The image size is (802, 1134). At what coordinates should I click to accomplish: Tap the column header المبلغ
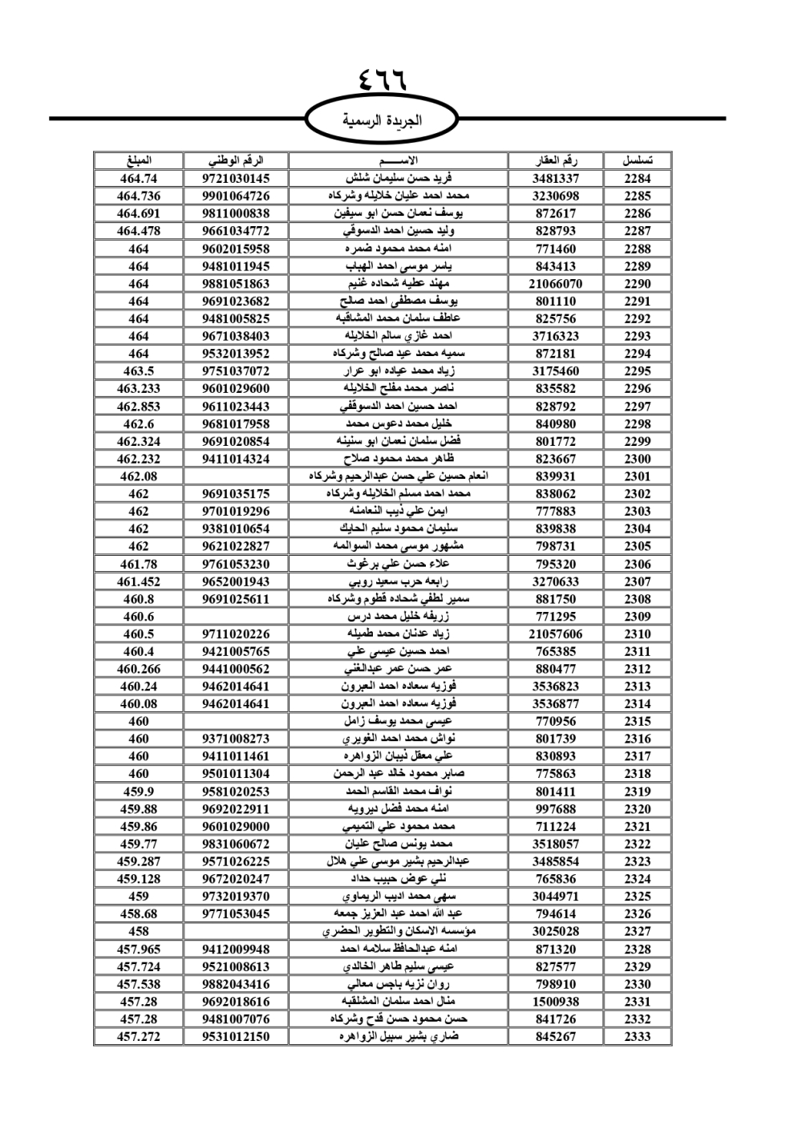(139, 160)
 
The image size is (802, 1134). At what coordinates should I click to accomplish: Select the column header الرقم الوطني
(236, 160)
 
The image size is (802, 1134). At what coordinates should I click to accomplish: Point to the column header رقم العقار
(556, 160)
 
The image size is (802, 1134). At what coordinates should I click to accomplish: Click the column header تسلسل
(638, 160)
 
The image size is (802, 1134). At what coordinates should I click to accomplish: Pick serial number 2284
(638, 179)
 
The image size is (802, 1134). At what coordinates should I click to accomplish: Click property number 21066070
(556, 284)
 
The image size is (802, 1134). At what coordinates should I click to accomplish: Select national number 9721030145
(236, 179)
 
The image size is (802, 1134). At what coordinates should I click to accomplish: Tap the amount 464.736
(139, 196)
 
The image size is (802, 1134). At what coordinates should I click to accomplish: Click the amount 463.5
(139, 371)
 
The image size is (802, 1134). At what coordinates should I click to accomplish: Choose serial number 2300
(638, 459)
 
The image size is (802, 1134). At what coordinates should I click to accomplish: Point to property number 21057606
(556, 634)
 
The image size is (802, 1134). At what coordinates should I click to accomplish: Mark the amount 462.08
(139, 476)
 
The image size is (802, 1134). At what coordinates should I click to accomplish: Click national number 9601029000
(236, 827)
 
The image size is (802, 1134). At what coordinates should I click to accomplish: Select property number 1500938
(556, 1002)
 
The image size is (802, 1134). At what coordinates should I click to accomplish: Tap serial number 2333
(638, 1037)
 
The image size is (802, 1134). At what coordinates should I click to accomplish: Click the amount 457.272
(139, 1037)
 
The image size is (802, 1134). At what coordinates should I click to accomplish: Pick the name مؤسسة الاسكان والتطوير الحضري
(399, 932)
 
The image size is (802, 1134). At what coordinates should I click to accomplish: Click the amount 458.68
(139, 914)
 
